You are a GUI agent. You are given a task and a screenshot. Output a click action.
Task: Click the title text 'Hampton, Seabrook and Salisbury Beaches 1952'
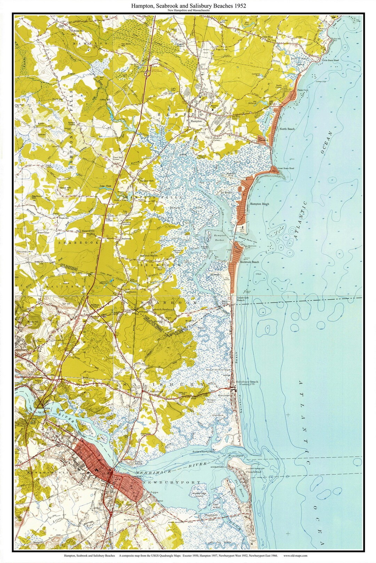[188, 6]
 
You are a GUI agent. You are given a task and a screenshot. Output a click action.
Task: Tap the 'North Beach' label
[287, 129]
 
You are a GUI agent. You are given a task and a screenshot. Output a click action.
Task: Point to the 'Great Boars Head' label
[285, 169]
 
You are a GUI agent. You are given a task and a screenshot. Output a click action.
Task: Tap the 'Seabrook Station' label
[149, 255]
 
